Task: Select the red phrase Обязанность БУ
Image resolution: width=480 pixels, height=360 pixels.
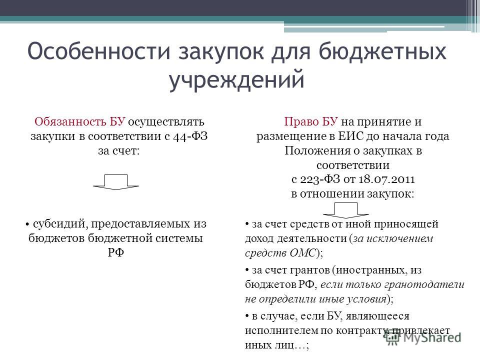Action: coord(80,121)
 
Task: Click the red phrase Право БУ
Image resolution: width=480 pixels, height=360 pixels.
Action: coord(311,121)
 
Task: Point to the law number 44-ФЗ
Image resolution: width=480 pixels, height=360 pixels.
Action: coord(190,136)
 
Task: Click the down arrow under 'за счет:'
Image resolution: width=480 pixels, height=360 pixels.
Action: coord(116,182)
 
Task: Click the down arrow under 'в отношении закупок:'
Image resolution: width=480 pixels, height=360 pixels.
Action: coord(346,210)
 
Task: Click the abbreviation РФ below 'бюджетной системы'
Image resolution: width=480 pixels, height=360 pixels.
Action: coord(116,252)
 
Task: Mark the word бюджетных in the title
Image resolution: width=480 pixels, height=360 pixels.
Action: coord(382,51)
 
